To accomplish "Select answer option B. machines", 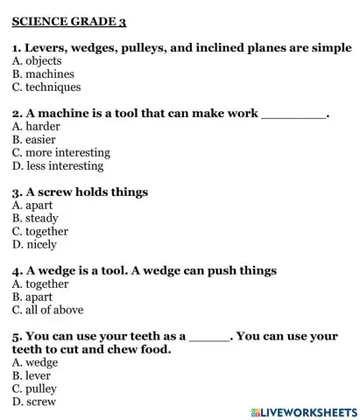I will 44,74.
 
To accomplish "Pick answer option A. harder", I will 39,127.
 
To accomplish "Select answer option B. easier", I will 36,140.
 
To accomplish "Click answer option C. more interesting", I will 59,153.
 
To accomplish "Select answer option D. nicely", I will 36,245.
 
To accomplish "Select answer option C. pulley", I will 36,388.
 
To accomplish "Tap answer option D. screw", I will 36,402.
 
